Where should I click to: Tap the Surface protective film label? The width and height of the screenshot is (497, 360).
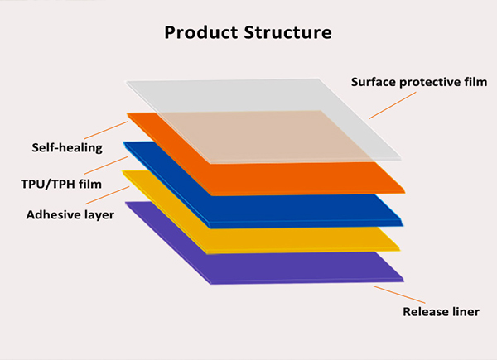tap(419, 82)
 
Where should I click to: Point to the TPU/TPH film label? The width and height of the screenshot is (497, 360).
tap(61, 183)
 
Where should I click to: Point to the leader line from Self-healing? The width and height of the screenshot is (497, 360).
tap(107, 131)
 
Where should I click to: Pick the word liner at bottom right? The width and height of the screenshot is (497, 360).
tap(464, 312)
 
